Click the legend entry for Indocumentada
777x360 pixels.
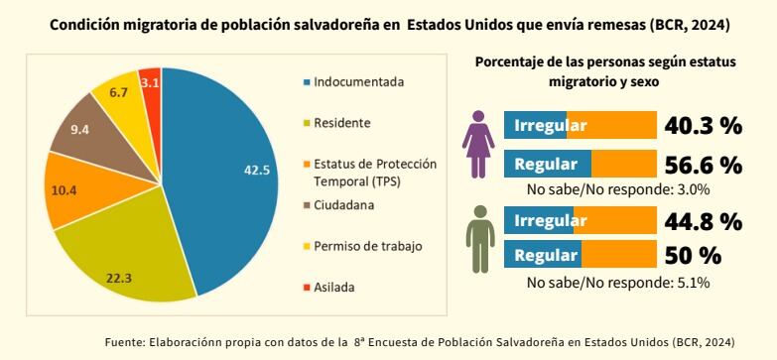358,81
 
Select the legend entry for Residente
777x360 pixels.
341,123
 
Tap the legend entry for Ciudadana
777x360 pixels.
342,205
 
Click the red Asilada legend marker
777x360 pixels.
306,288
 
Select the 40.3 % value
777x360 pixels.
703,126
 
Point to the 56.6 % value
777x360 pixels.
703,165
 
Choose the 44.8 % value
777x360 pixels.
703,220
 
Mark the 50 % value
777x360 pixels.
693,255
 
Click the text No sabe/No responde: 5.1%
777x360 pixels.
617,283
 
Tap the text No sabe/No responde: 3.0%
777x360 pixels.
617,188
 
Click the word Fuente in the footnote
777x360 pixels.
125,342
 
